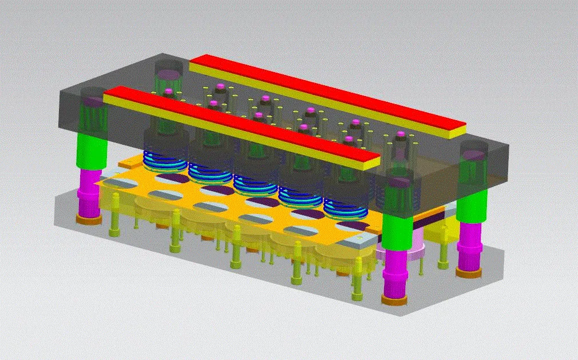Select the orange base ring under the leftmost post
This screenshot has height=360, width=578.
pos(89,219)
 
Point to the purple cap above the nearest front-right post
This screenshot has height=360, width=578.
pos(398,183)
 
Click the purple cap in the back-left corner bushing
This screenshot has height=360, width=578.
pos(168,73)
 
